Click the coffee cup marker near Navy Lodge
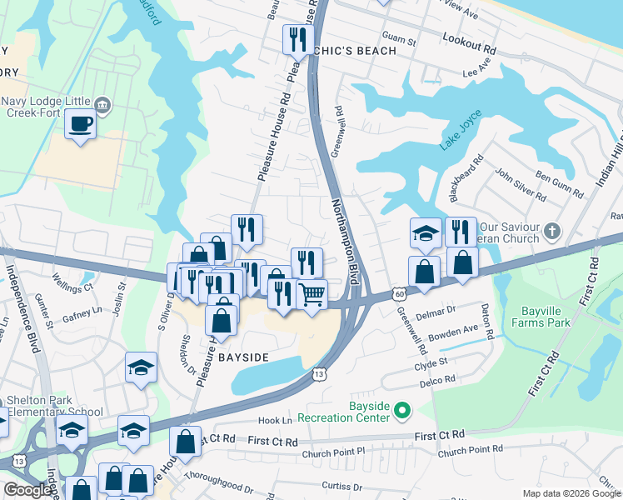80,124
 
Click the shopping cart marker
311,294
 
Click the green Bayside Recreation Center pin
403,410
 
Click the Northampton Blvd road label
349,242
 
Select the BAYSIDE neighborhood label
243,357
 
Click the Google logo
27,490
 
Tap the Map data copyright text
571,493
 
